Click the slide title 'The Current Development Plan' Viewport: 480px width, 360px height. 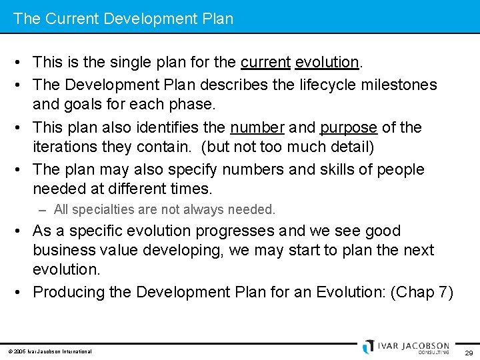[x=123, y=19]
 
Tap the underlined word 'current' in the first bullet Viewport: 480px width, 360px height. [x=265, y=63]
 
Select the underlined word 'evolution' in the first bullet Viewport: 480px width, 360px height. [x=327, y=63]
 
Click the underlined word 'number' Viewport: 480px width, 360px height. [x=257, y=127]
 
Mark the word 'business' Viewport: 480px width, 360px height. [x=64, y=251]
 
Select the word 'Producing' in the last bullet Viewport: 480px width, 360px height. [x=69, y=292]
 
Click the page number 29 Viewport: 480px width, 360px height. [x=468, y=352]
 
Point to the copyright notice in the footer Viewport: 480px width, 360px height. [x=50, y=351]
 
